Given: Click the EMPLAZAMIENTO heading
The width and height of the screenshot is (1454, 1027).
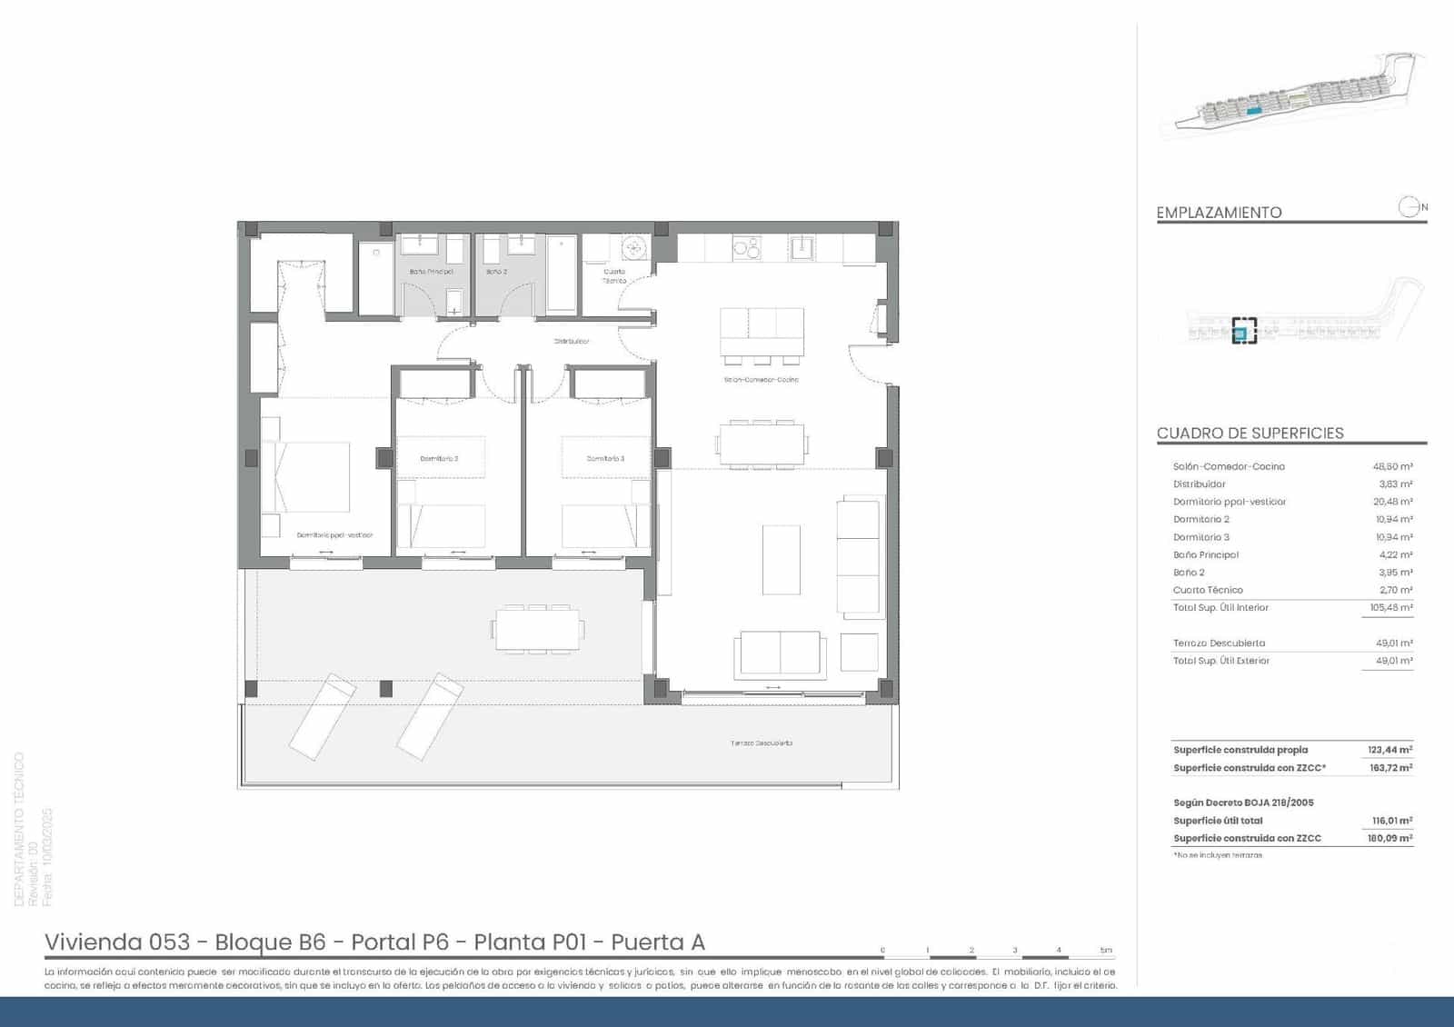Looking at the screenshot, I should point(1219,213).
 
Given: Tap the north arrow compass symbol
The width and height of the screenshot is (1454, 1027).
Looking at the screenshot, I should point(1409,207).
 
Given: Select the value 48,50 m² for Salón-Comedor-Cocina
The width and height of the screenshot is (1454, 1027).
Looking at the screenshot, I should point(1392,466).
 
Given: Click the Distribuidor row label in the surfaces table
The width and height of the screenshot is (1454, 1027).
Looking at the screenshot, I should point(1199,484).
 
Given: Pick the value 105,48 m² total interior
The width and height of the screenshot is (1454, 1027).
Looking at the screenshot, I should point(1390,608).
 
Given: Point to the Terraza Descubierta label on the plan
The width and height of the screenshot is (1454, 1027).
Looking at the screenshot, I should point(762,743).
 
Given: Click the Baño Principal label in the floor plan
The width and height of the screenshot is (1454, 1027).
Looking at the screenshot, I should point(431,272).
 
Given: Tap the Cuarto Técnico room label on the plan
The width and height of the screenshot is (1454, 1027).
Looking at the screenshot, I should point(614,275).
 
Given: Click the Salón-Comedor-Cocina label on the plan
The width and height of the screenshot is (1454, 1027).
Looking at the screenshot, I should point(761,380).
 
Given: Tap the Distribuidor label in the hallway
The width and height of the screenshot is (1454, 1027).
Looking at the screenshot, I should point(572,342).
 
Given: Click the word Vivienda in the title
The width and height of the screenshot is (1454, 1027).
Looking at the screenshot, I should point(92,942).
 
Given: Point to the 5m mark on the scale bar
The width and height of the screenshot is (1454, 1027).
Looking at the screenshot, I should point(1106,951).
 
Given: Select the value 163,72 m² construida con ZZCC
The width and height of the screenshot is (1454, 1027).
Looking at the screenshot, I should point(1390,768).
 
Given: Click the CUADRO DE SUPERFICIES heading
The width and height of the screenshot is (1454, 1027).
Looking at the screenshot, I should point(1250,434).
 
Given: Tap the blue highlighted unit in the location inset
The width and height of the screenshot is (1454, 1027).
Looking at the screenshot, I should point(1240,334).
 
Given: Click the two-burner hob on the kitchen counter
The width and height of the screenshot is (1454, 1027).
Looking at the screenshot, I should point(746,247).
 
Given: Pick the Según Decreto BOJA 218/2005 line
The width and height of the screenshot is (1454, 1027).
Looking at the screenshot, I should point(1243,803).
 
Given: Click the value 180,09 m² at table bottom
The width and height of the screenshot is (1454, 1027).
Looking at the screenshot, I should point(1390,839).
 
